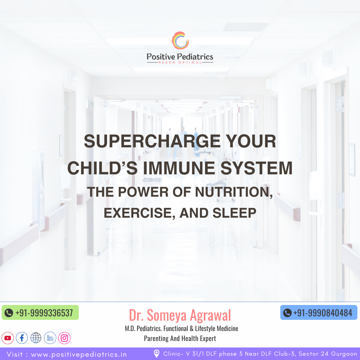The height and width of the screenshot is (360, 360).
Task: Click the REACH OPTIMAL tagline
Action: pos(180,62)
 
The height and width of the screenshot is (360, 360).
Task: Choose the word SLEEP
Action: pos(234,213)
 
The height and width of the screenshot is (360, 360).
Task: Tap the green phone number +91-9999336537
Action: pos(44,313)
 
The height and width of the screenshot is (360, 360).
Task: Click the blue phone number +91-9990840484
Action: pos(323,313)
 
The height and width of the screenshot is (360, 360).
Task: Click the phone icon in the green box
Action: pos(9,313)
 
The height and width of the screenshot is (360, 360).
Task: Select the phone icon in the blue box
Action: pos(287,313)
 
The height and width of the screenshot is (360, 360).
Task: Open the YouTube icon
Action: pos(8,338)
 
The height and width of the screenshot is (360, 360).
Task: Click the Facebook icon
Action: pos(22,338)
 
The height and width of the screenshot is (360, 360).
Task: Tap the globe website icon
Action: pos(36,338)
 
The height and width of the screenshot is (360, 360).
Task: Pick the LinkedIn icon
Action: pos(50,338)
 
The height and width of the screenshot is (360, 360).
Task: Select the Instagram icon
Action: pos(64,338)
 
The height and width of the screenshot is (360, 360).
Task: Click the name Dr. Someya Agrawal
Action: pos(180,315)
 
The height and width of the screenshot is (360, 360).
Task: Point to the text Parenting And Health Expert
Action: pos(180,338)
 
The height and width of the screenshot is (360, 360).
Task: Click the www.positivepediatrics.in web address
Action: pos(79,354)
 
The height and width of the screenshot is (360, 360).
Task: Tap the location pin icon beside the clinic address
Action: pos(157,354)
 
